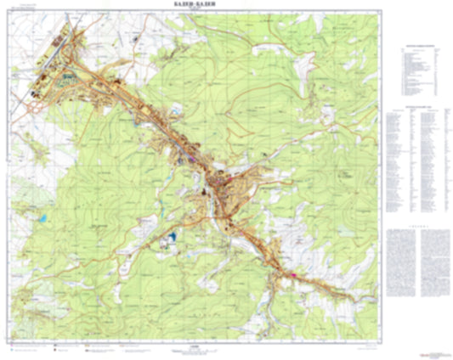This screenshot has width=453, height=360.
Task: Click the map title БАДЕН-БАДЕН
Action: [x=194, y=5]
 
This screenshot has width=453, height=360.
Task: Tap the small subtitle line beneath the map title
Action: [x=194, y=10]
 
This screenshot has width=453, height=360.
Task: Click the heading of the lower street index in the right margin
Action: [x=418, y=110]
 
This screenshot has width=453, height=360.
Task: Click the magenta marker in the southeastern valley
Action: [x=294, y=275]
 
